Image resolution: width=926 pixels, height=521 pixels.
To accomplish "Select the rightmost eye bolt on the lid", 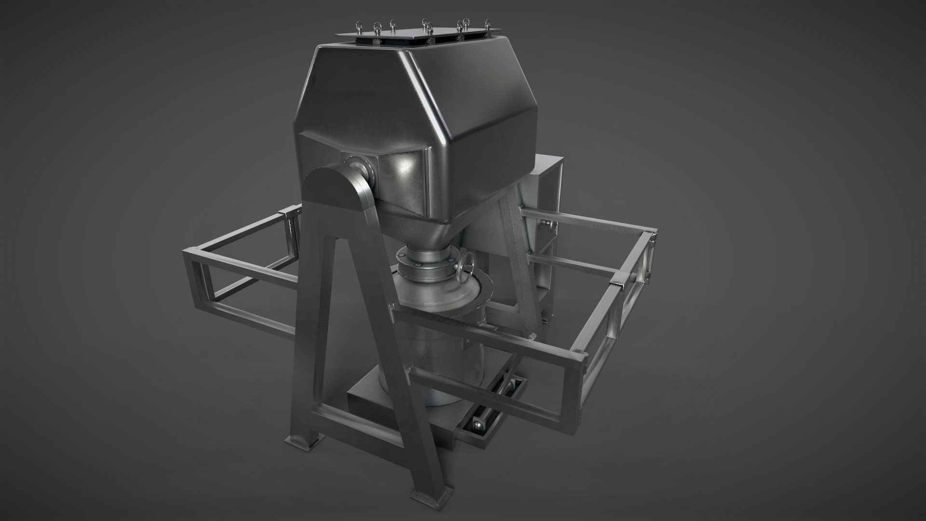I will pyautogui.click(x=488, y=24).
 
